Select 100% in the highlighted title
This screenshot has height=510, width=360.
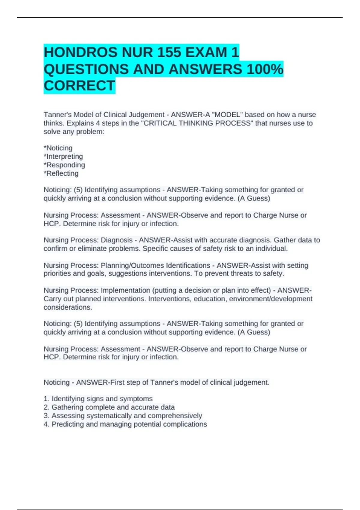265,69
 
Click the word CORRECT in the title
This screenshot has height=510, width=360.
79,86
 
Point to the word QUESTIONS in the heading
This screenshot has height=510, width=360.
86,69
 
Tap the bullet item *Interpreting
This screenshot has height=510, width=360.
63,156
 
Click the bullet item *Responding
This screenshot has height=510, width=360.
64,165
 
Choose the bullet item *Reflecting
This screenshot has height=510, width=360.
61,173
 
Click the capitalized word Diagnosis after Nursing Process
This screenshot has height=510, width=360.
116,240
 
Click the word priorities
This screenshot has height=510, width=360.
56,273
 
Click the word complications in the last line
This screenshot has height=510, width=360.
187,424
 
